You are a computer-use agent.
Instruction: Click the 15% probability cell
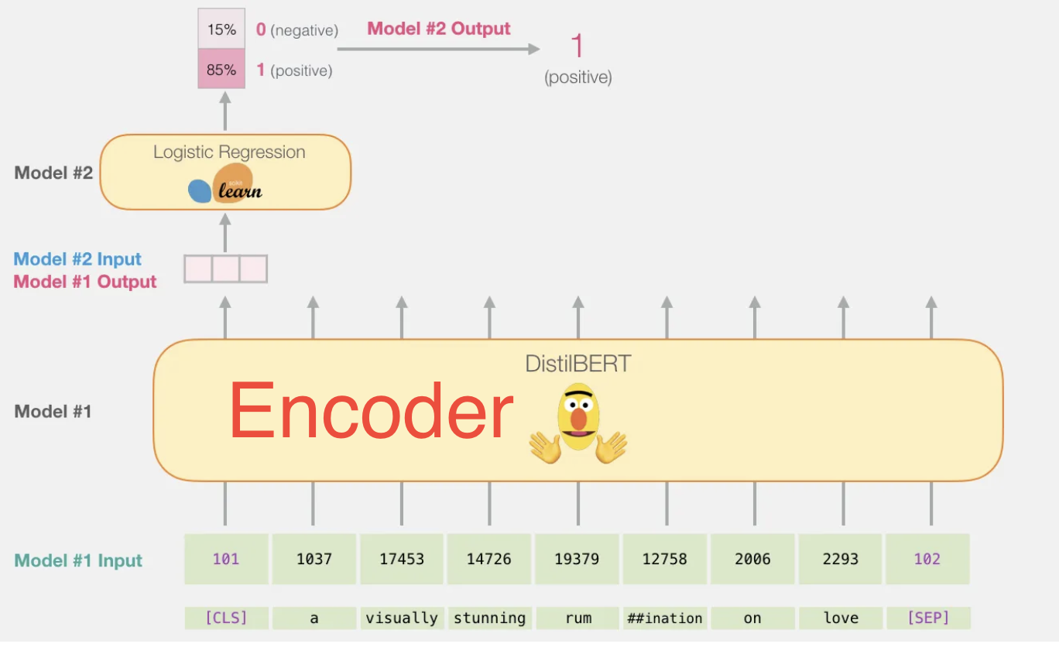click(x=221, y=29)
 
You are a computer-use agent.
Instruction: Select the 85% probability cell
click(x=221, y=69)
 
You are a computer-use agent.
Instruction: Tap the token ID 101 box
click(x=226, y=559)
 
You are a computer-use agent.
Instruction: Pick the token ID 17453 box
click(x=402, y=559)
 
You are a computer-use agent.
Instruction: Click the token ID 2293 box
click(x=841, y=559)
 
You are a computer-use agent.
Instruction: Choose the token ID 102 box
click(x=927, y=559)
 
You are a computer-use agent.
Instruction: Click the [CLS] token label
click(x=226, y=618)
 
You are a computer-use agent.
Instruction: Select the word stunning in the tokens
click(x=489, y=618)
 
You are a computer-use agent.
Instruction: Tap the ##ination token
click(x=665, y=618)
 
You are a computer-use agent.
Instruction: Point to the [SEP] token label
click(x=927, y=618)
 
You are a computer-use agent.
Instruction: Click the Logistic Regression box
click(x=225, y=172)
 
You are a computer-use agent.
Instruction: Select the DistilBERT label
click(x=577, y=363)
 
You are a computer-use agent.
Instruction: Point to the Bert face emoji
click(x=578, y=422)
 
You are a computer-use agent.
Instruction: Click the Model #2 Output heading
click(x=439, y=29)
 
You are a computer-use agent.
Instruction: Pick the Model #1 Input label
click(x=79, y=560)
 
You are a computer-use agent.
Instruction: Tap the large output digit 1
click(x=577, y=46)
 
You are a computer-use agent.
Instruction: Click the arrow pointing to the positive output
click(x=438, y=50)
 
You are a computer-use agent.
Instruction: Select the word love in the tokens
click(x=841, y=618)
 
